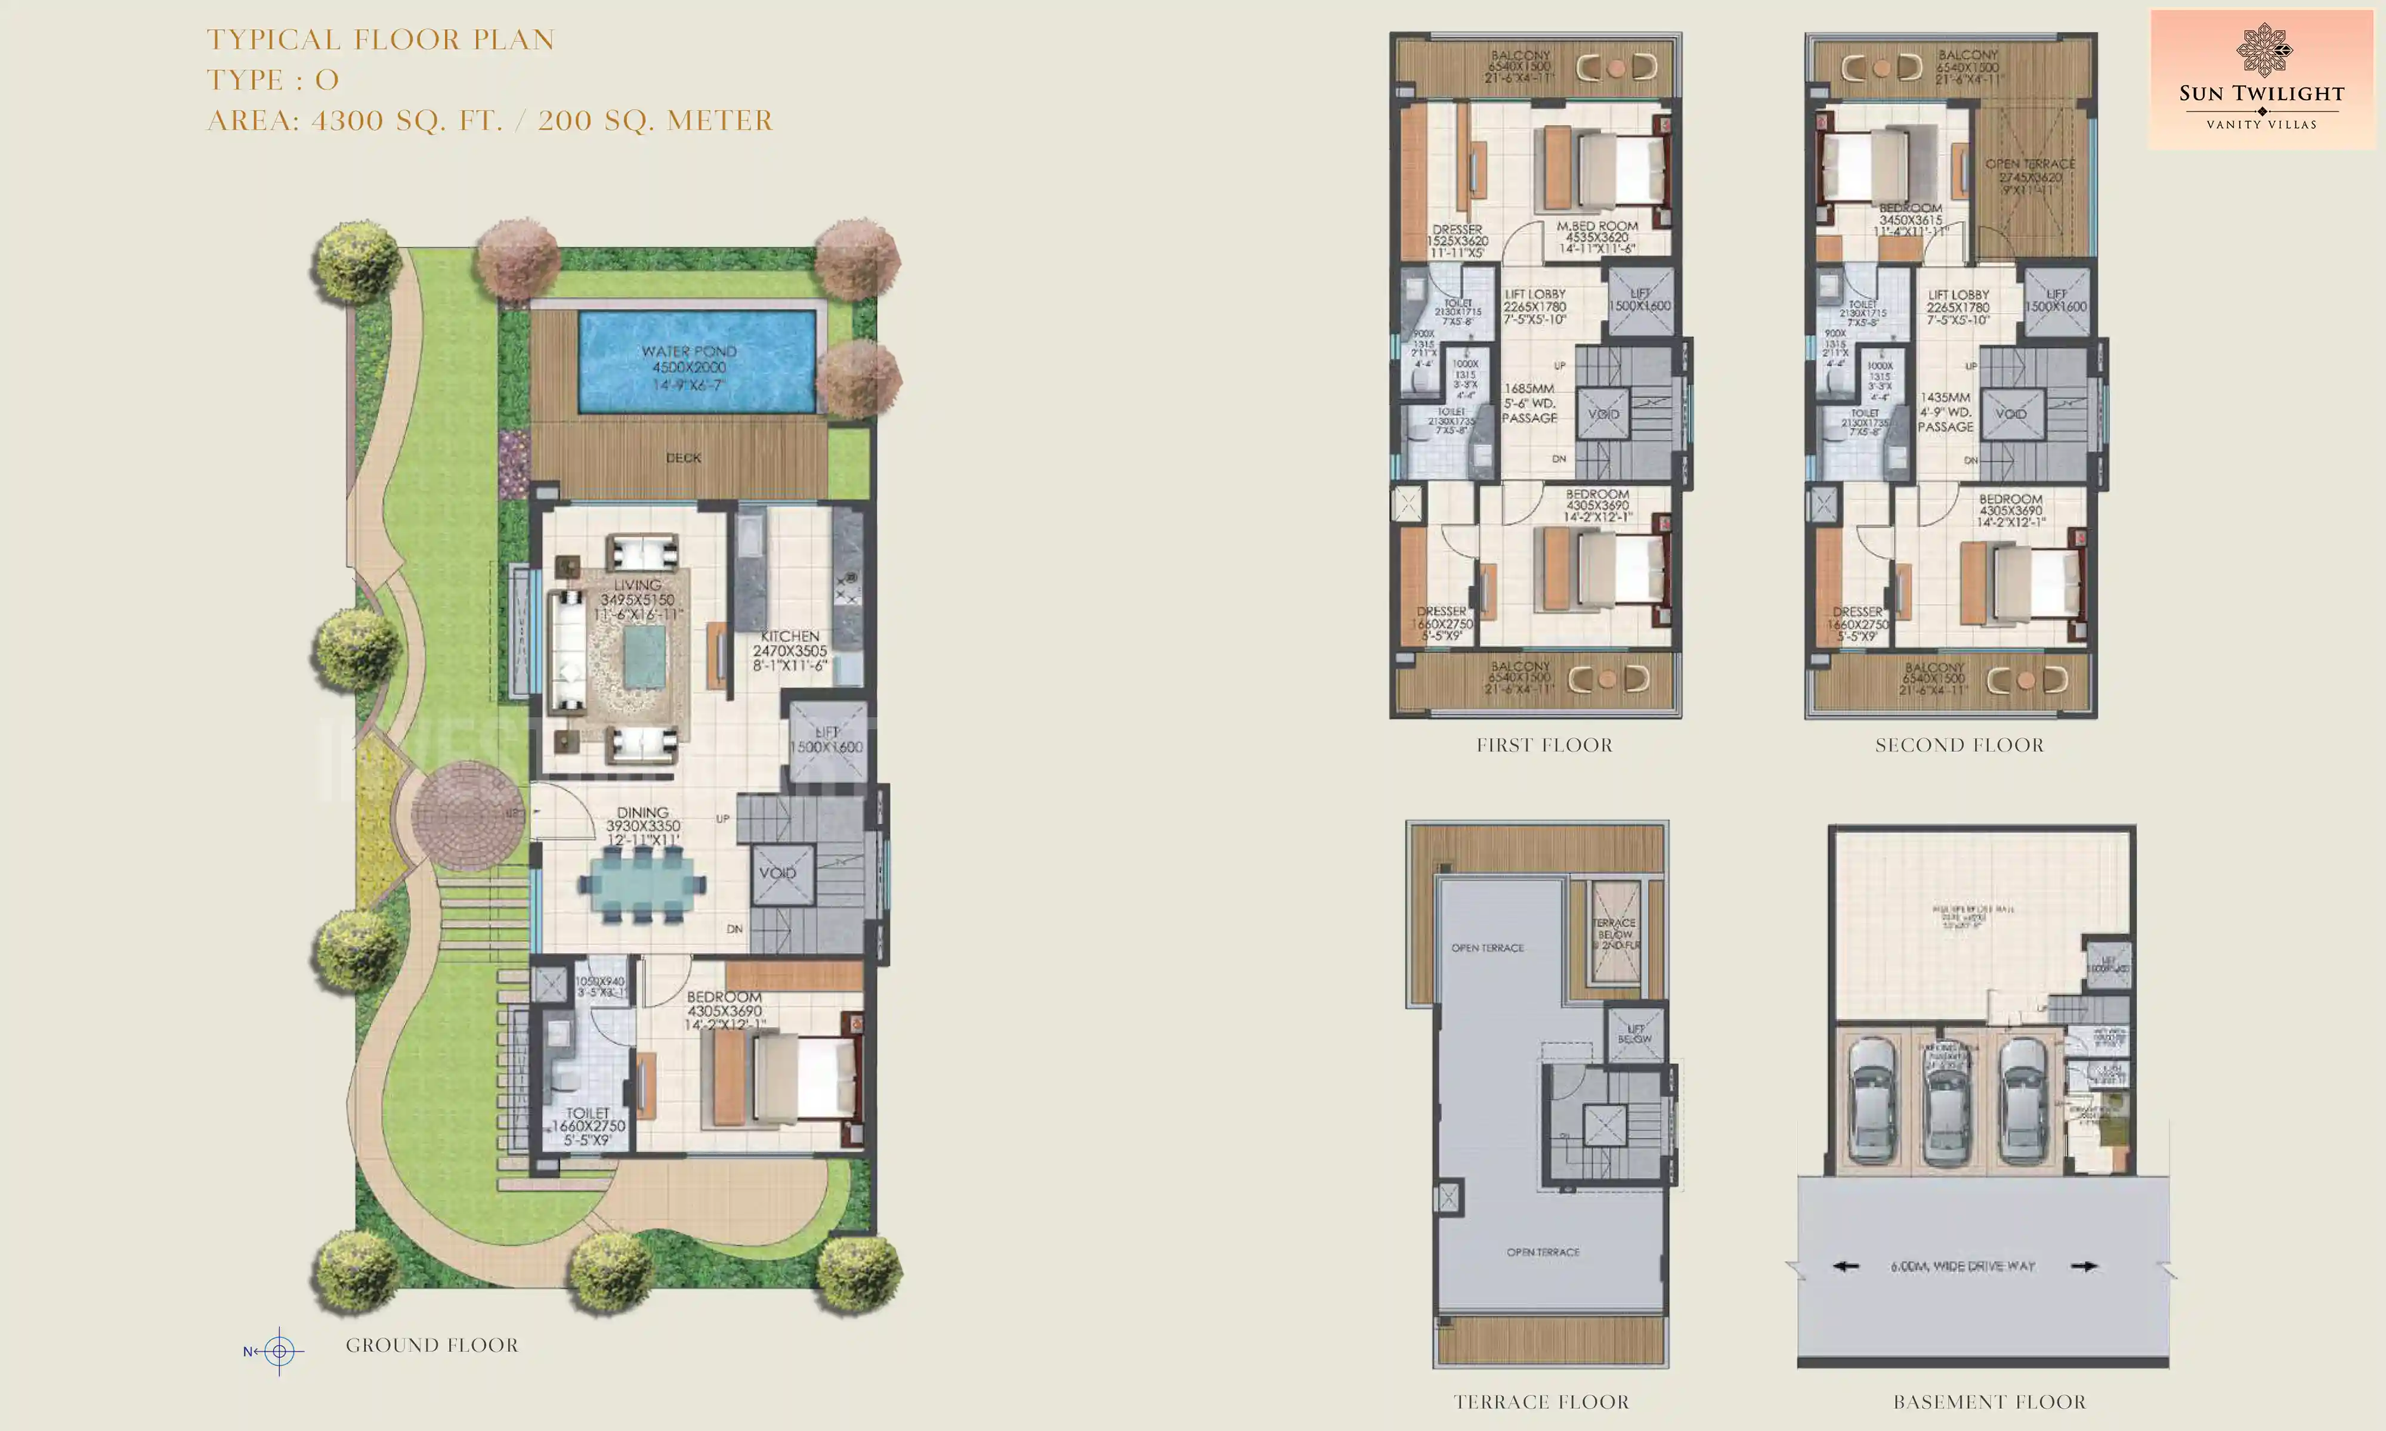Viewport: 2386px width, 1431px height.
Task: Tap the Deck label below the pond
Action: pyautogui.click(x=683, y=458)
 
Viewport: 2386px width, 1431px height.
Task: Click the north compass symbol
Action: pyautogui.click(x=279, y=1351)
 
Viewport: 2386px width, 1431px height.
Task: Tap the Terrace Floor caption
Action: pyautogui.click(x=1541, y=1402)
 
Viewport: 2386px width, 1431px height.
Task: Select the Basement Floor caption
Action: pyautogui.click(x=1989, y=1402)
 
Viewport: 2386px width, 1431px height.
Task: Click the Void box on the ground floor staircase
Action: pyautogui.click(x=777, y=873)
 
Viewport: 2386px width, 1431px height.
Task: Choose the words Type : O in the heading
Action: pyautogui.click(x=273, y=80)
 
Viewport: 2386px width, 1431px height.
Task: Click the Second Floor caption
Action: pyautogui.click(x=1960, y=745)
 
